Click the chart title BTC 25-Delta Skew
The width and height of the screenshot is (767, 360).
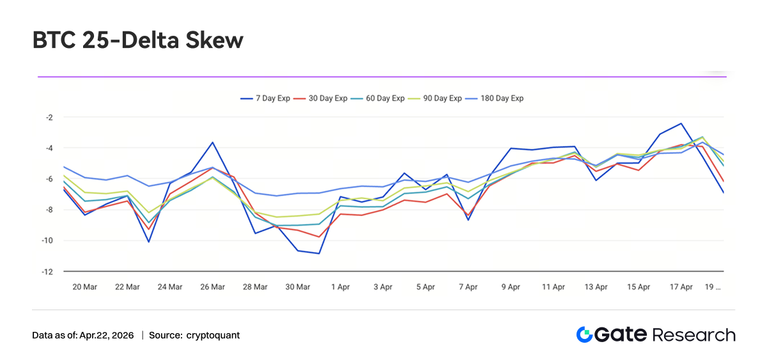coord(138,41)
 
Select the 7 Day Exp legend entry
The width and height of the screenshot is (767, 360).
coord(265,98)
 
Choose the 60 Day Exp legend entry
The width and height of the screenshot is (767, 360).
coord(380,98)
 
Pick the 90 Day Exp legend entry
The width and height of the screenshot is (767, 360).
coord(437,98)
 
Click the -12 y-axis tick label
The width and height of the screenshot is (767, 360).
coord(47,272)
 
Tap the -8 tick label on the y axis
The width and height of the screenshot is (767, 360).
coord(48,210)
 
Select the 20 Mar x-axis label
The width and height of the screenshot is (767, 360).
coord(85,287)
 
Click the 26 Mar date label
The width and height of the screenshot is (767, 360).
coord(212,287)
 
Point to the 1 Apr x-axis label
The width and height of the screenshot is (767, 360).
coord(341,287)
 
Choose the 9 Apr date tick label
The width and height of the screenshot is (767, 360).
coord(511,287)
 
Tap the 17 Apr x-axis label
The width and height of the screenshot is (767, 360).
coord(681,287)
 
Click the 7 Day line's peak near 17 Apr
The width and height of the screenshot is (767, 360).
coord(681,123)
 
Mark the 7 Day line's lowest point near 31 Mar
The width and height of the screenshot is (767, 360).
coord(319,253)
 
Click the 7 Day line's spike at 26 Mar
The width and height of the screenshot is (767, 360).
coord(212,142)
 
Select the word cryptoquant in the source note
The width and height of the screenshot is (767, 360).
coord(213,335)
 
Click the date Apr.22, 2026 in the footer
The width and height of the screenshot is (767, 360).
coord(105,335)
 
